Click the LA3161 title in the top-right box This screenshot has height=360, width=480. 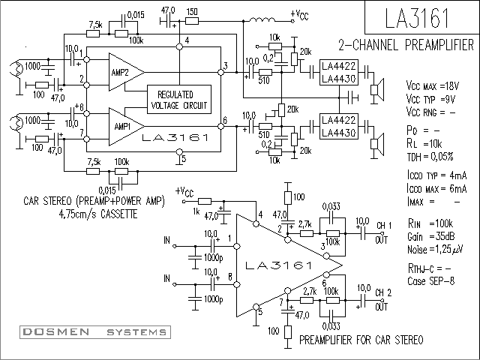(417, 18)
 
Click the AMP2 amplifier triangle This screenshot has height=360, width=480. (126, 72)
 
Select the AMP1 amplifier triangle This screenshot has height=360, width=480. (126, 127)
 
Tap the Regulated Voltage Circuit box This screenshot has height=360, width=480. (179, 100)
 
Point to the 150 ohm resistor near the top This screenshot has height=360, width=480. (192, 21)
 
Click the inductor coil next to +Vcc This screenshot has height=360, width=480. (262, 19)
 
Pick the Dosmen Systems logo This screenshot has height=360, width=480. (95, 332)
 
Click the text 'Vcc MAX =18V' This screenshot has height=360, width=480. (433, 86)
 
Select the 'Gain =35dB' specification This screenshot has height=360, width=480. (430, 237)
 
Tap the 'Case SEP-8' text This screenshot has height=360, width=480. (430, 281)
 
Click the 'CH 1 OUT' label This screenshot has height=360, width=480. (383, 232)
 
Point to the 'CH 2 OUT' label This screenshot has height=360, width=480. (382, 300)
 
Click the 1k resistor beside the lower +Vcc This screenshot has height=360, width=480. (205, 202)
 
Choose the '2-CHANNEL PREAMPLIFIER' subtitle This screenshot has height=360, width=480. (406, 45)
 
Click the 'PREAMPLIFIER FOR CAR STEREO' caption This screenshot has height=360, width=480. (361, 340)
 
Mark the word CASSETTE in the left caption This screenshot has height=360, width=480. (119, 214)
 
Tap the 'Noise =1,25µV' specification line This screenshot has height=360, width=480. (435, 250)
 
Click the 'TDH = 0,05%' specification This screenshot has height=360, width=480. (430, 157)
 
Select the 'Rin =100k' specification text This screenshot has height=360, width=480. (430, 223)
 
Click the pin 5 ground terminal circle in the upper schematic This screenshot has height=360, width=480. (180, 151)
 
